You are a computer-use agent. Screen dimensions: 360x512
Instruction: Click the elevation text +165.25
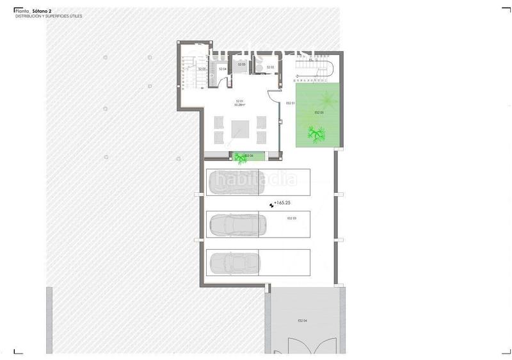[284, 203]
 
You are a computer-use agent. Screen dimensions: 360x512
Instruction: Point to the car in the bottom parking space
[234, 263]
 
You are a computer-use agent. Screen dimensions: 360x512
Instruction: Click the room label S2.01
[239, 101]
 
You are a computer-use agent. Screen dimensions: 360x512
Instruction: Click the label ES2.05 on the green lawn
[319, 113]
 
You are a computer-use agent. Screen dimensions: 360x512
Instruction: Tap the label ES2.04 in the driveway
[302, 320]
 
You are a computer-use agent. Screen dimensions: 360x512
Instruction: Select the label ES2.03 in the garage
[291, 218]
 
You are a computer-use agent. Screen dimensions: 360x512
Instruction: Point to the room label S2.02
[270, 67]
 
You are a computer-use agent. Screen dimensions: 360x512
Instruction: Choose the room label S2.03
[242, 65]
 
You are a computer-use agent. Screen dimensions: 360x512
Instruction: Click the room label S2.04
[223, 69]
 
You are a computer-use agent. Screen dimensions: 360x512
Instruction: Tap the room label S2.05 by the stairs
[202, 69]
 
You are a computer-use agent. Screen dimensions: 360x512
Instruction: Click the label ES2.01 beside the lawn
[289, 103]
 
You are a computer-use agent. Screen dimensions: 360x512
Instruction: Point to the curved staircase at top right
[323, 66]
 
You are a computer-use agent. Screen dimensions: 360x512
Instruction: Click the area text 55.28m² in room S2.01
[239, 105]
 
